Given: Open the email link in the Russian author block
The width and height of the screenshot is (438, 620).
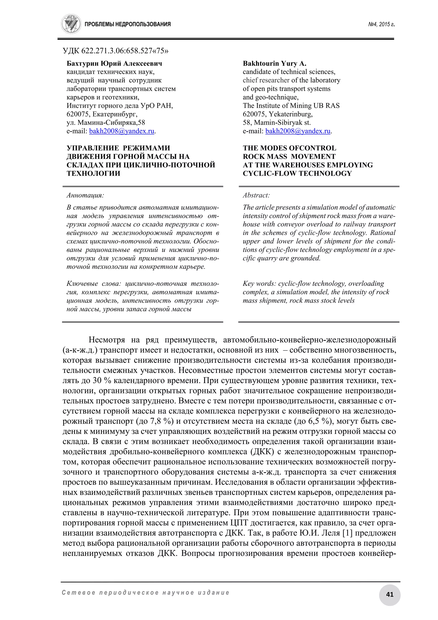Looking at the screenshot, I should [x=122, y=131].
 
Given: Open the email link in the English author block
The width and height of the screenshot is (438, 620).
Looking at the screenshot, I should [x=298, y=131].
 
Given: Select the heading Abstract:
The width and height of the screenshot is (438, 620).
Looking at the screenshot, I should [x=256, y=195].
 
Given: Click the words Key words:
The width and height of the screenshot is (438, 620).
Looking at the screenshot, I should [x=259, y=284].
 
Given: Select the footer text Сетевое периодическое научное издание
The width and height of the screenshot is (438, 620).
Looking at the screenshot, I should [x=146, y=593].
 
